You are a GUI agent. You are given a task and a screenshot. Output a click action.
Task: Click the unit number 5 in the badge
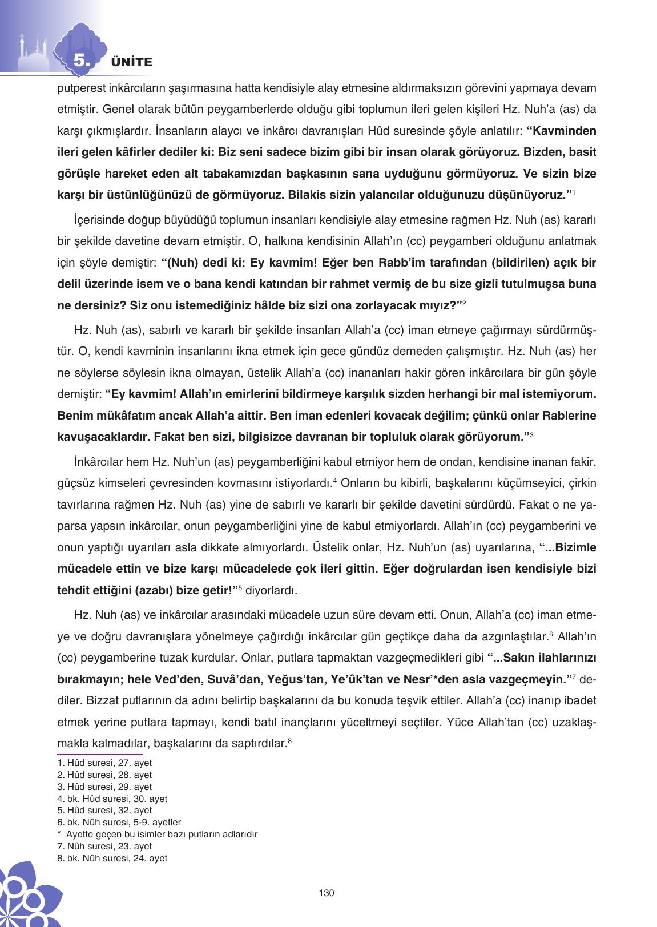[80, 61]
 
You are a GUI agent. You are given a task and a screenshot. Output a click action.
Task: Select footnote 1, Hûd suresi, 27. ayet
[104, 763]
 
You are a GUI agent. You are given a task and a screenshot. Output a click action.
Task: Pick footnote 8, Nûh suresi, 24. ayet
[112, 858]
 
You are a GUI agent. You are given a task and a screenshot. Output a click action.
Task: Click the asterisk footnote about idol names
[162, 834]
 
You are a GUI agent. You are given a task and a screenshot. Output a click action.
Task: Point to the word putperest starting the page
[80, 88]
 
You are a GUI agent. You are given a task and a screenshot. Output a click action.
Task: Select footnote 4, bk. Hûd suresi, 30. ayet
[112, 799]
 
